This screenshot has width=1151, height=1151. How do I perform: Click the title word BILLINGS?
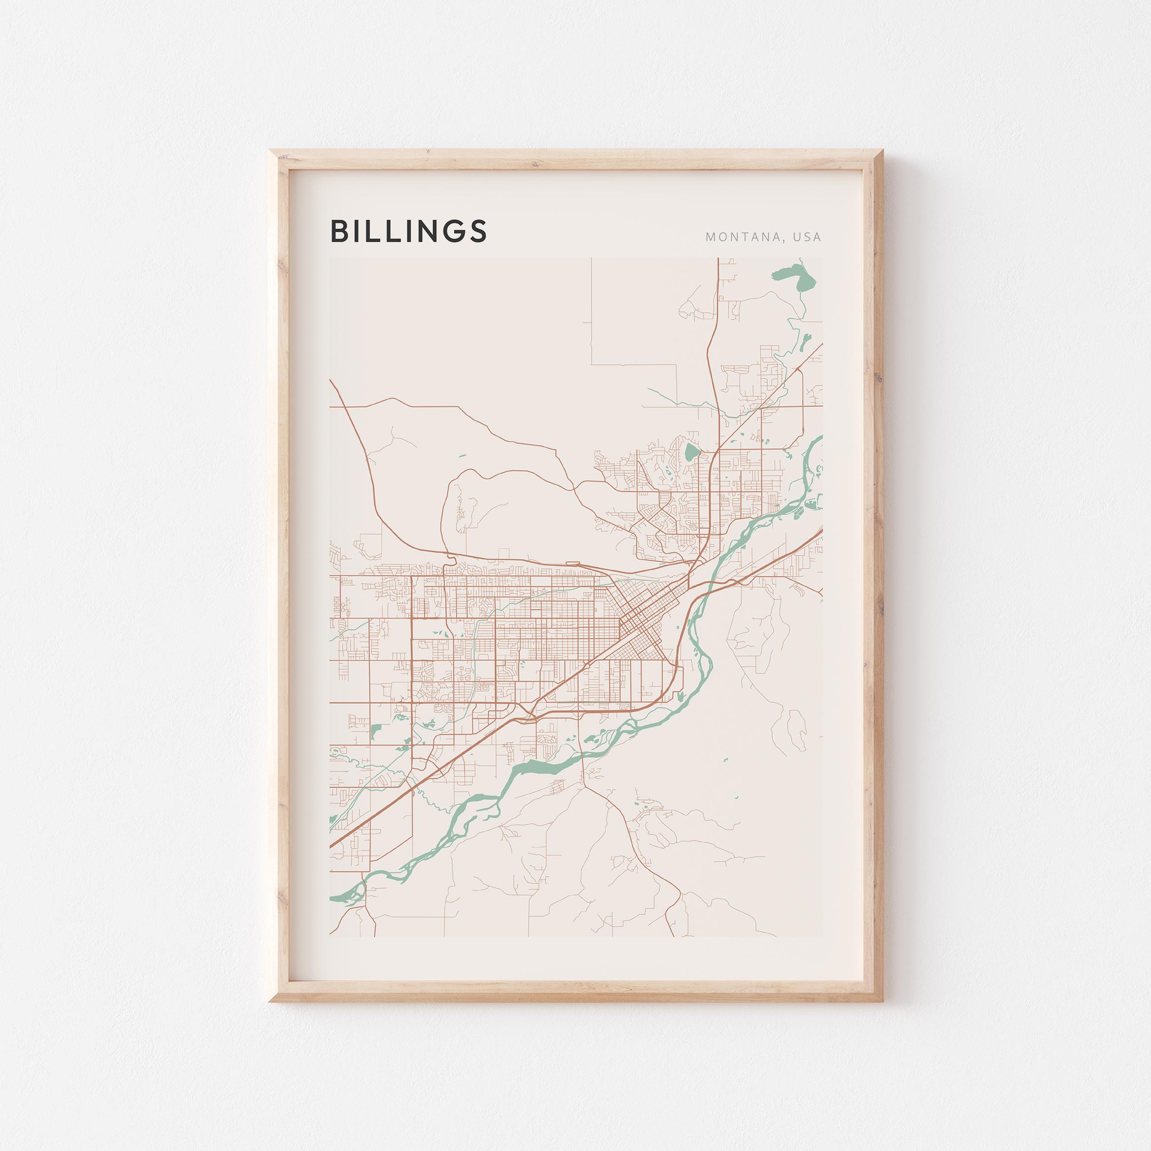[409, 231]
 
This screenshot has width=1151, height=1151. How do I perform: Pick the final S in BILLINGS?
[478, 231]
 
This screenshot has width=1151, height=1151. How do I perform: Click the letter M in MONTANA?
[710, 237]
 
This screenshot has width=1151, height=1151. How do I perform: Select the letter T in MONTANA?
[742, 237]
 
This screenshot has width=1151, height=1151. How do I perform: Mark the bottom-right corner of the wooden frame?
[882, 1000]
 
